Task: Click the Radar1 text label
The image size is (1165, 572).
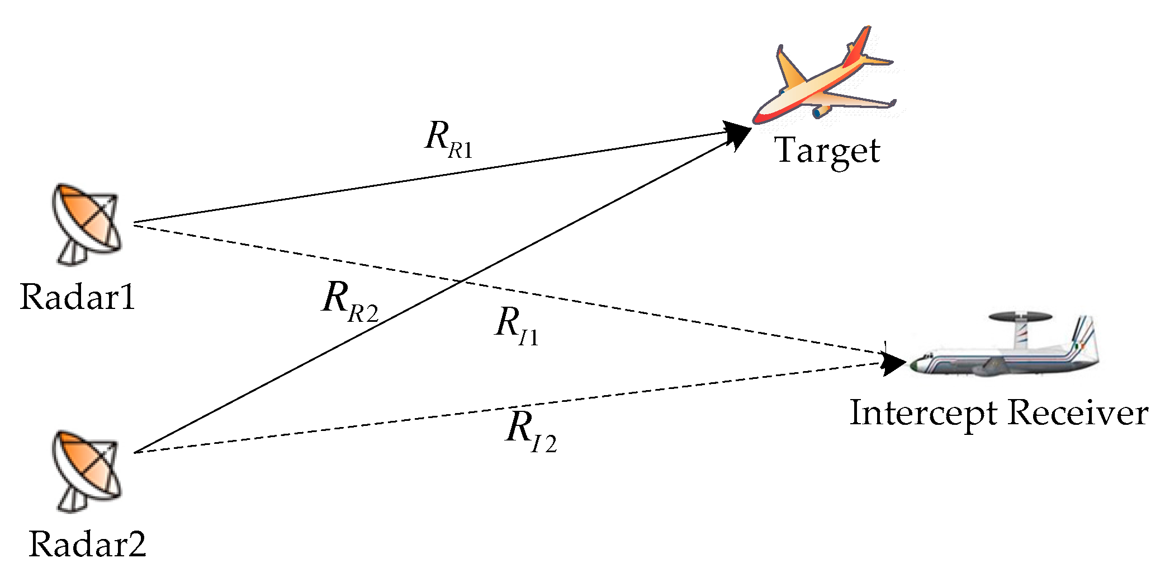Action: pyautogui.click(x=78, y=296)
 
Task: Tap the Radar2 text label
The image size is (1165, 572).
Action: pyautogui.click(x=87, y=543)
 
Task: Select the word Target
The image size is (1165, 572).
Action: pyautogui.click(x=827, y=151)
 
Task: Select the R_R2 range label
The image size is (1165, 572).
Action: pyautogui.click(x=350, y=302)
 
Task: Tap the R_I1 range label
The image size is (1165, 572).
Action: pyautogui.click(x=516, y=327)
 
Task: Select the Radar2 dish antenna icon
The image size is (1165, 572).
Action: pyautogui.click(x=87, y=467)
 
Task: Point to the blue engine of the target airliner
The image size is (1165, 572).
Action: pyautogui.click(x=821, y=111)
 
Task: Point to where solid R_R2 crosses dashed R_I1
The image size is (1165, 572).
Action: pyautogui.click(x=460, y=280)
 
